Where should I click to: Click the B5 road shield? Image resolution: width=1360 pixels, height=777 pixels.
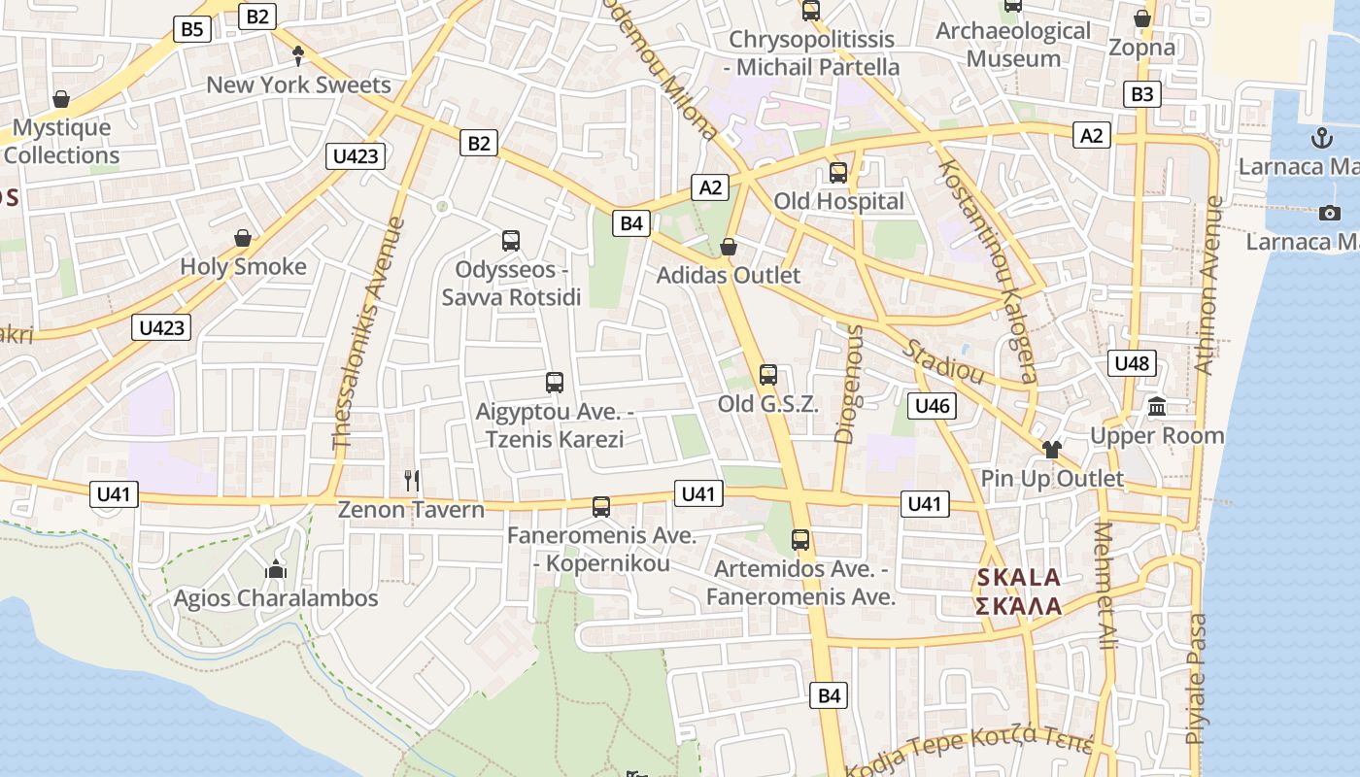coord(192,29)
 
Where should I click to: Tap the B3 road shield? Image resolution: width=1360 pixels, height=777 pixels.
coord(1142,94)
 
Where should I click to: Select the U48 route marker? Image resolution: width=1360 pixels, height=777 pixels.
coord(1132,363)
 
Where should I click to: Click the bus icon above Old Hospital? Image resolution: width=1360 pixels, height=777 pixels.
coord(837,174)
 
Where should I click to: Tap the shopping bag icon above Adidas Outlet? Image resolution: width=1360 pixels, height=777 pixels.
coord(729,248)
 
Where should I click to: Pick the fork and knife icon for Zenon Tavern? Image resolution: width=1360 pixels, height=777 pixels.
coord(412,480)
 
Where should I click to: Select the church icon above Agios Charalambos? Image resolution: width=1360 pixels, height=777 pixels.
coord(276,569)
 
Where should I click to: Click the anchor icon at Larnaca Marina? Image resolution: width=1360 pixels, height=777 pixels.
coord(1321,137)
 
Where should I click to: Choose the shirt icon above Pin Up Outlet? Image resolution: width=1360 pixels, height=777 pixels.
coord(1051,449)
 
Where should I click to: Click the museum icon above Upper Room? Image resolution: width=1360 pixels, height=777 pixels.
coord(1157,406)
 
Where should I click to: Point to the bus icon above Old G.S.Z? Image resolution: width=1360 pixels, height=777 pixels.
coord(768,374)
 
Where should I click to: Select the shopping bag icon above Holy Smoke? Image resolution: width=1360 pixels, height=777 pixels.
coord(243,238)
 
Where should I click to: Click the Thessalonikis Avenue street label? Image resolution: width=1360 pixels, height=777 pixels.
coord(369,333)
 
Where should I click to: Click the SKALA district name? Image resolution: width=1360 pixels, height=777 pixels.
coord(1018,578)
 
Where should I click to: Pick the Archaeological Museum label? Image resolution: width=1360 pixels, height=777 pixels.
coord(1013,45)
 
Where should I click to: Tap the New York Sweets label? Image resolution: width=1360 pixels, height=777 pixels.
coord(298,84)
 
